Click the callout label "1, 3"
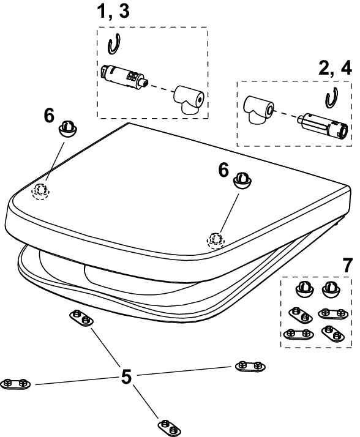point(113,12)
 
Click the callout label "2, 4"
point(335,68)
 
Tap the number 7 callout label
point(347,266)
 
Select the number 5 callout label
point(126,376)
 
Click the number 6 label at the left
point(49,116)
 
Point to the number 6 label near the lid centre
point(223,170)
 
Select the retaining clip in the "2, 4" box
point(331,99)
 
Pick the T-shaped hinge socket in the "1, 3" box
point(189,100)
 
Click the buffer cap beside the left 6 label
point(67,129)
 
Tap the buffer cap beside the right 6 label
point(242,181)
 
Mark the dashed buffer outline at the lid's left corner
point(40,191)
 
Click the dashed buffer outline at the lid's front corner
point(216,241)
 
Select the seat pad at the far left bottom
point(15,384)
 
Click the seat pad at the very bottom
point(169,428)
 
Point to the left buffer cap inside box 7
point(304,289)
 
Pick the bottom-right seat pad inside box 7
point(332,334)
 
